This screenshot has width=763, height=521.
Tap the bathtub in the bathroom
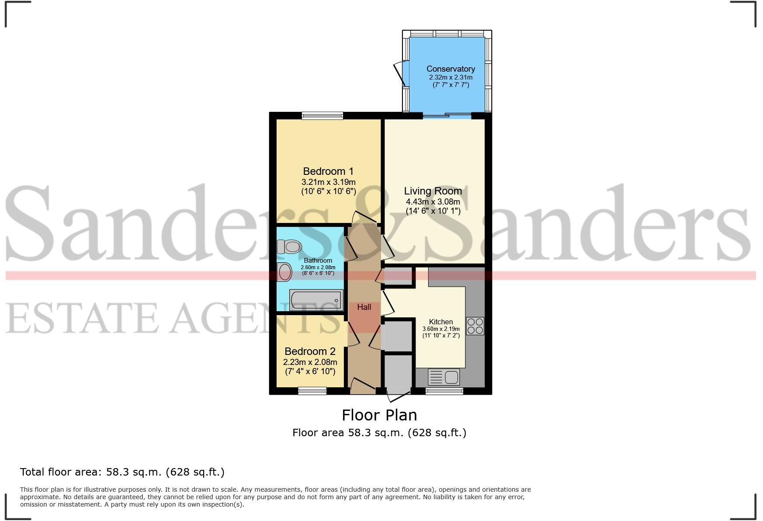click(x=316, y=300)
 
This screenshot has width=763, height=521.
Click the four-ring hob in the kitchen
click(x=475, y=326)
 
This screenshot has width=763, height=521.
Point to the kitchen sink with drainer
click(x=444, y=376)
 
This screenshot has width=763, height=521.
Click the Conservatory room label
click(x=451, y=69)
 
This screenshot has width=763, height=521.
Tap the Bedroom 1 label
click(x=328, y=171)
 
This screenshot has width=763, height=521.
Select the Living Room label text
click(x=433, y=191)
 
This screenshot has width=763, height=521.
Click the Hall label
click(x=364, y=307)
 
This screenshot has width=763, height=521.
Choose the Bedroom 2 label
click(x=310, y=351)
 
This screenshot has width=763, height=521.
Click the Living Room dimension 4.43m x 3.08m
click(x=433, y=202)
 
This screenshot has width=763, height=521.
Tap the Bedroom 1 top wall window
click(x=322, y=116)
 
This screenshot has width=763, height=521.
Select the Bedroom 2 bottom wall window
click(x=312, y=391)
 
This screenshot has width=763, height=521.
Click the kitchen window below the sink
click(x=444, y=391)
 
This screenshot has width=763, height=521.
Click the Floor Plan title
click(x=379, y=415)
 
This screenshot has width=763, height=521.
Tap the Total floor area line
click(x=122, y=472)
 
